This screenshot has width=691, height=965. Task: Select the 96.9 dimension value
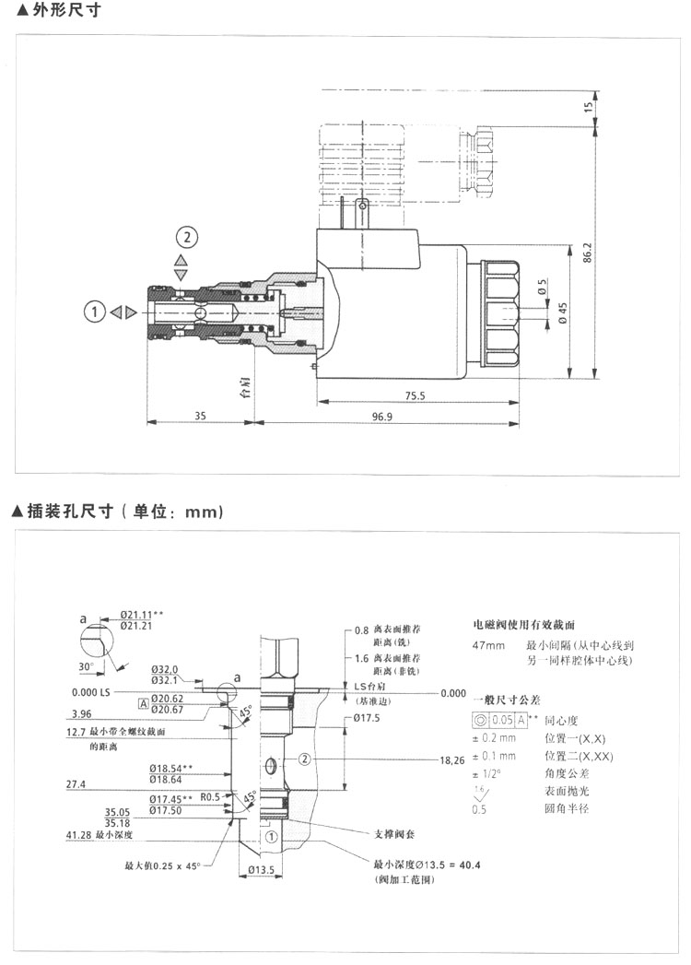pyautogui.click(x=383, y=417)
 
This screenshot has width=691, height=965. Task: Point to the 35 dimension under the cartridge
pyautogui.click(x=200, y=417)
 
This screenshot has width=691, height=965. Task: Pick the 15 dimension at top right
pyautogui.click(x=589, y=107)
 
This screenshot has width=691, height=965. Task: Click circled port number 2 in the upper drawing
pyautogui.click(x=187, y=238)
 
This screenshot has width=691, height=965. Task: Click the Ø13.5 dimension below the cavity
pyautogui.click(x=263, y=870)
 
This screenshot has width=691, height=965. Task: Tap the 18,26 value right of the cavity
pyautogui.click(x=451, y=760)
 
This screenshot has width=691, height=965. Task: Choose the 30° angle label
pyautogui.click(x=86, y=666)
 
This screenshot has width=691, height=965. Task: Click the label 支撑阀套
pyautogui.click(x=395, y=834)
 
